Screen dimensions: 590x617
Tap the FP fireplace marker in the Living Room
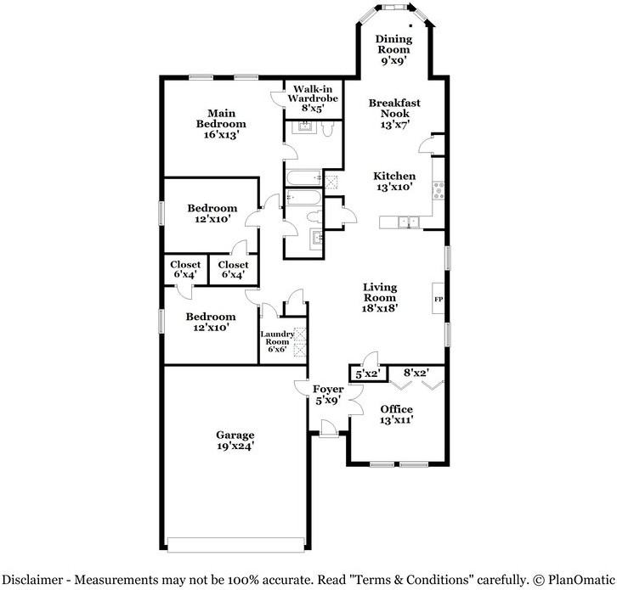pos(439,300)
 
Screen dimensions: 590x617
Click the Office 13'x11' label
pos(395,414)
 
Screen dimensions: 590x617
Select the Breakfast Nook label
pos(395,113)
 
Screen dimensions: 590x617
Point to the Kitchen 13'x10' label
pos(394,181)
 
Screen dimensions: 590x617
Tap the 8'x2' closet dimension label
pos(416,373)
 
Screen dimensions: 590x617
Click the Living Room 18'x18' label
pos(380,297)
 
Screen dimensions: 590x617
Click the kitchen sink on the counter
pos(408,222)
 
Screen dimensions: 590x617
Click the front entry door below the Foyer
pos(328,436)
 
